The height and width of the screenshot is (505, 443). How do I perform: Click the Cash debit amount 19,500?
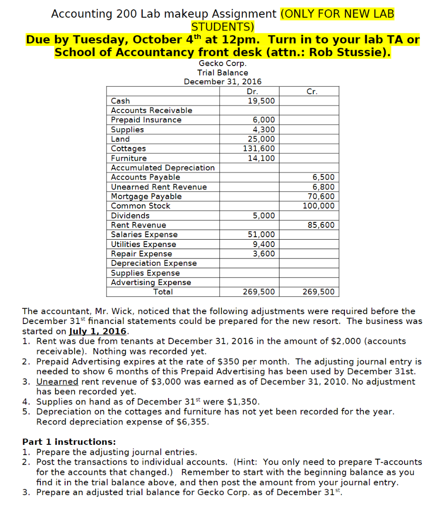tap(261, 101)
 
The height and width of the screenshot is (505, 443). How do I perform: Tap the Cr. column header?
tap(311, 91)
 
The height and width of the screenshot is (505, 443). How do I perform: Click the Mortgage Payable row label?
tap(146, 196)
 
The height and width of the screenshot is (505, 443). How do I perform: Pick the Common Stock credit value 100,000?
tap(318, 206)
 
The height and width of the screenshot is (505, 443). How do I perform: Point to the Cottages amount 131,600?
tap(259, 148)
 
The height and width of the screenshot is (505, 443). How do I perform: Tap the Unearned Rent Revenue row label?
tap(159, 187)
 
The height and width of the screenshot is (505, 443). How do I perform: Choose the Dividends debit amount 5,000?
tap(264, 216)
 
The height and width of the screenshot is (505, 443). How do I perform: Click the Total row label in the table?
tap(163, 292)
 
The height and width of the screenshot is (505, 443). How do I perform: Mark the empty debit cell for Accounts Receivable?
tap(249, 110)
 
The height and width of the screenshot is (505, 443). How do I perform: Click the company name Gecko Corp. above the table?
tap(222, 63)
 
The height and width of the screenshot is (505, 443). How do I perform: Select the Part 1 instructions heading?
tap(69, 442)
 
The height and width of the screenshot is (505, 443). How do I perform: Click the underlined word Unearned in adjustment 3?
tap(57, 382)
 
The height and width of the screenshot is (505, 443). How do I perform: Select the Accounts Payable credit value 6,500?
tap(323, 178)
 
